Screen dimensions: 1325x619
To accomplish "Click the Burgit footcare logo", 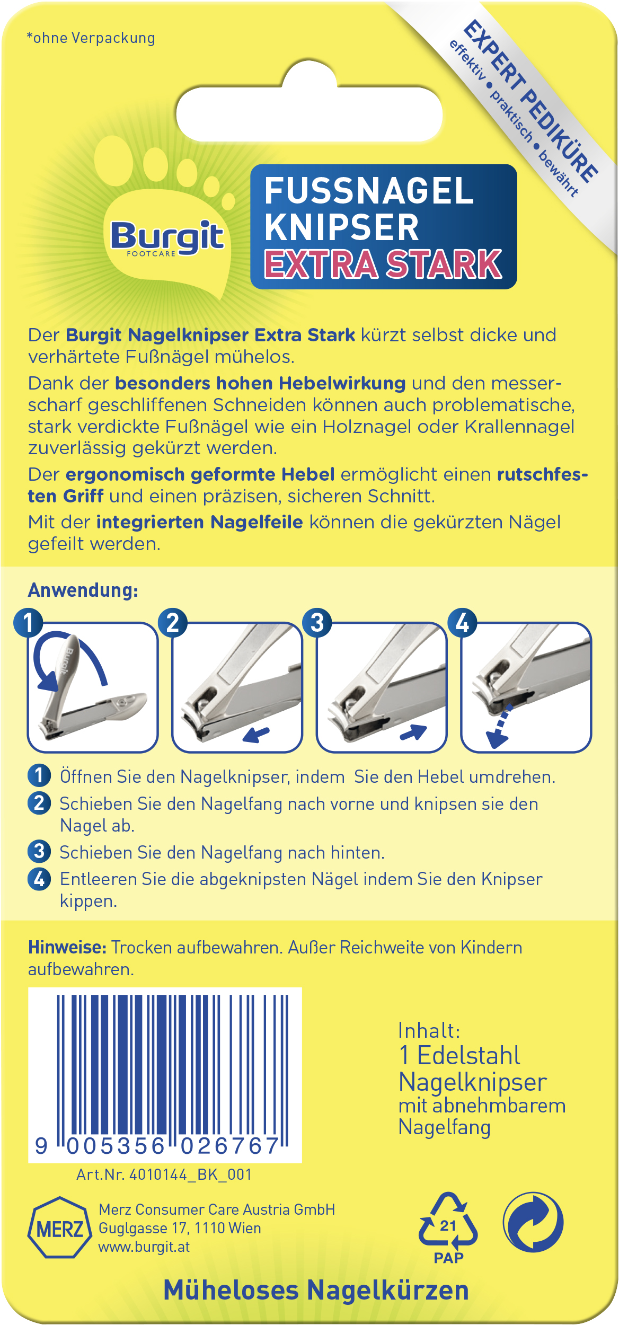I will click(166, 237).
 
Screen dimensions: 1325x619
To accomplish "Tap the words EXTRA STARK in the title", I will click(383, 264).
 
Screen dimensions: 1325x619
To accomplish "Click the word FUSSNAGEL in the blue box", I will click(369, 191).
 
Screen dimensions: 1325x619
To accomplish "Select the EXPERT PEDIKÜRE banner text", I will click(530, 101).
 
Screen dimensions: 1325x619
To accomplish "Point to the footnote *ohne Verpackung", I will click(91, 38).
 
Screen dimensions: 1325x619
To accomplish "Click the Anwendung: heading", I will click(83, 590).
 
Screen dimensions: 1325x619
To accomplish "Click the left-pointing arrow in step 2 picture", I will click(257, 735).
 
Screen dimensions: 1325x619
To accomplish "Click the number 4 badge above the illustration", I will click(462, 622).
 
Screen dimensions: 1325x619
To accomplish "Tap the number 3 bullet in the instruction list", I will click(39, 852).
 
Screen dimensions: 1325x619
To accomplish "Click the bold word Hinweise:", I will click(67, 947).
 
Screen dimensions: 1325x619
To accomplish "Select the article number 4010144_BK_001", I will click(164, 1175).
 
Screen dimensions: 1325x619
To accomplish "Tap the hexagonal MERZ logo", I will click(59, 1228).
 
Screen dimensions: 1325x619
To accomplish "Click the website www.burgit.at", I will click(144, 1247).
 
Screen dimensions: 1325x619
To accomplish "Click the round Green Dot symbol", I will click(533, 1223).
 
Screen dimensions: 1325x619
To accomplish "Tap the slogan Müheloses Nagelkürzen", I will click(316, 1290).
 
